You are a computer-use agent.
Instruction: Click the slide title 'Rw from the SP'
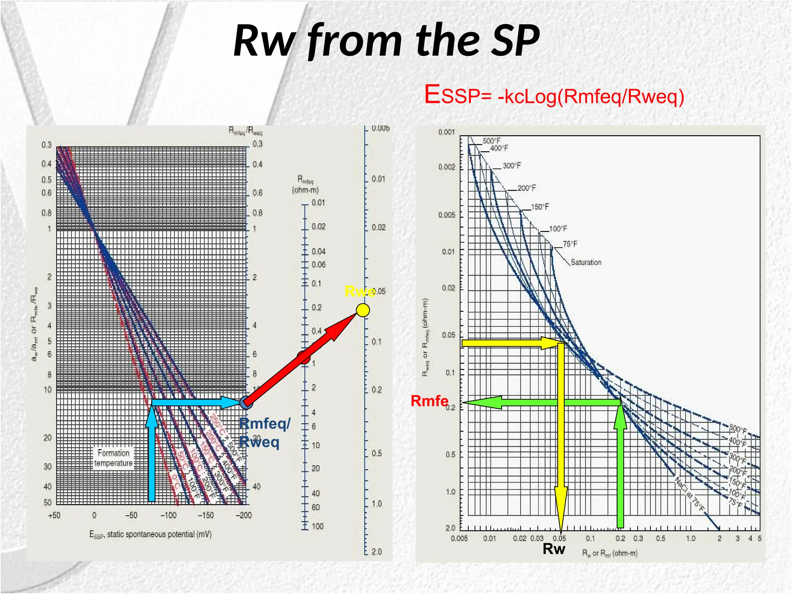387,41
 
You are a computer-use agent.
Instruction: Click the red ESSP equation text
554,96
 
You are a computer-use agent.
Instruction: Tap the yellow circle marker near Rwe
363,310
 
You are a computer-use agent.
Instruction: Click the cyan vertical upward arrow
152,456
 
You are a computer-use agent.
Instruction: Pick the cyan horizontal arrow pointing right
193,402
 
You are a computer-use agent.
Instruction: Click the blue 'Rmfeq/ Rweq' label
264,433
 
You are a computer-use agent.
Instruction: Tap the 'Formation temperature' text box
113,458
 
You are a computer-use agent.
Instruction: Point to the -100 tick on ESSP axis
168,515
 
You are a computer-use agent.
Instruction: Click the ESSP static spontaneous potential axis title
150,534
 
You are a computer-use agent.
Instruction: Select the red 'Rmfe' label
429,401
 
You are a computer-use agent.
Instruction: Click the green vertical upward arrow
620,464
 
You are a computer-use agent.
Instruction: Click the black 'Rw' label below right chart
554,549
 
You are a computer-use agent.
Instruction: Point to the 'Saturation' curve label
586,262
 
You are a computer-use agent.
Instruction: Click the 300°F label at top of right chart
512,166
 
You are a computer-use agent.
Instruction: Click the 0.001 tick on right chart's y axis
446,132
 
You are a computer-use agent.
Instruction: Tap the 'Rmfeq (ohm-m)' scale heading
305,184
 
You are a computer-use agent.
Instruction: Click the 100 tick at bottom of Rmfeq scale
317,526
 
